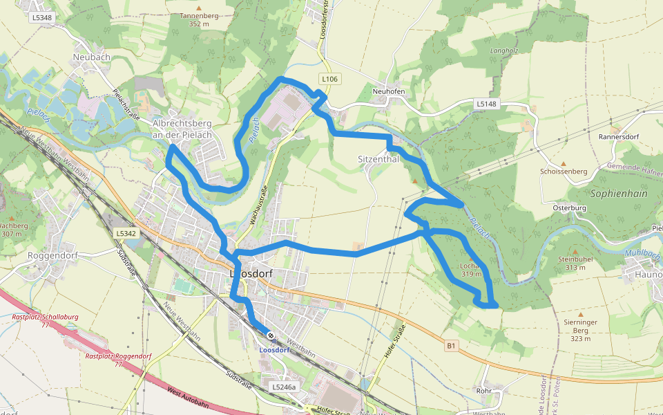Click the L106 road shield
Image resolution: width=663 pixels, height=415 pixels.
(329, 79)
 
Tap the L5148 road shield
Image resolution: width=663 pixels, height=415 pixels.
(486, 104)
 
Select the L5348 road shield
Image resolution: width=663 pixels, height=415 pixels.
(41, 17)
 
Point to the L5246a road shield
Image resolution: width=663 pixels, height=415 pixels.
(284, 387)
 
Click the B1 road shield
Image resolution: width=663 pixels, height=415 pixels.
(451, 344)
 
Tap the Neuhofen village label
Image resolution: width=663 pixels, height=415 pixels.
(387, 91)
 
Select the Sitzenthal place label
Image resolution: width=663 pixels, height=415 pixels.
(378, 158)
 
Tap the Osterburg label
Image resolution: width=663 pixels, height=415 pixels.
(570, 207)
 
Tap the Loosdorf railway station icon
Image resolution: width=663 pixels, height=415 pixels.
(271, 337)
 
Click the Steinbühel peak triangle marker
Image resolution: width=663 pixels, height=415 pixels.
(575, 251)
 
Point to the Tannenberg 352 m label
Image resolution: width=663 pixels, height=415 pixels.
(198, 19)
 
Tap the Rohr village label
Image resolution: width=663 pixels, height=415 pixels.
(484, 390)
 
